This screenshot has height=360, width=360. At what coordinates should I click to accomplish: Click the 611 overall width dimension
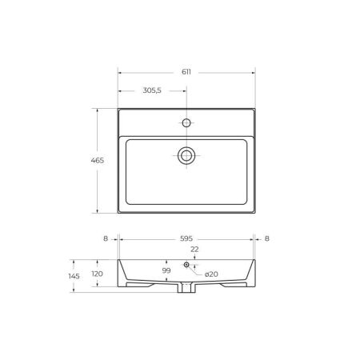[186, 72]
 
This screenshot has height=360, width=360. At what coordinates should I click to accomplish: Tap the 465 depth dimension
[97, 161]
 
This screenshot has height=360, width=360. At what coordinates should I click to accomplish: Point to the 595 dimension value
[186, 238]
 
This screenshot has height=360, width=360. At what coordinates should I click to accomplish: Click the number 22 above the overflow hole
[194, 250]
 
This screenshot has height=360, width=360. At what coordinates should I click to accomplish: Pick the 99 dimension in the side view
[166, 271]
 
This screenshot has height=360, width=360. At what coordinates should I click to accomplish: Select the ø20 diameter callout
[212, 275]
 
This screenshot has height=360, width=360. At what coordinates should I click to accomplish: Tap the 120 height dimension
[97, 274]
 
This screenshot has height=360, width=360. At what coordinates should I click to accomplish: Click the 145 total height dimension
[74, 276]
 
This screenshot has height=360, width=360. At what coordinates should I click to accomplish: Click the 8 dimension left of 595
[105, 238]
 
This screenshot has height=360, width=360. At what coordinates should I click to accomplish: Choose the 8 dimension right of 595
[266, 238]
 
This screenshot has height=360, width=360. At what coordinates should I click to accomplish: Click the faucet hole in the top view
[186, 123]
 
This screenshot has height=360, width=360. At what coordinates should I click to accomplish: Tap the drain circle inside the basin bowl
[186, 154]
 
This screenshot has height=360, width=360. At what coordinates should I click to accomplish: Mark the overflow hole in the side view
[186, 264]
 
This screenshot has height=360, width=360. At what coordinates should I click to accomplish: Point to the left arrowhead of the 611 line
[120, 72]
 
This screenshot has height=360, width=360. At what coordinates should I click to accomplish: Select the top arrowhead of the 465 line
[97, 110]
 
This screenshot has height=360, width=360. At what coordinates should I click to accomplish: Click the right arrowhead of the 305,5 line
[185, 90]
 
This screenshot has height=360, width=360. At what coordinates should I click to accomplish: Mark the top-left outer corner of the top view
[118, 109]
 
